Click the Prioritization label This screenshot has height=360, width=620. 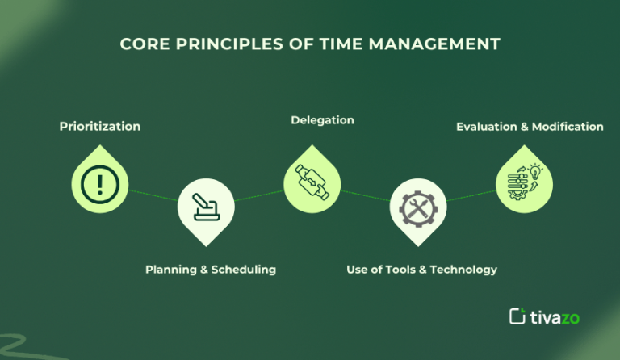coord(100,126)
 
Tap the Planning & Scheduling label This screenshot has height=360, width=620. coord(211,269)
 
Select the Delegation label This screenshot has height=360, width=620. coord(322,120)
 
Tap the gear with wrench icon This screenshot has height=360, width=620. coord(417,209)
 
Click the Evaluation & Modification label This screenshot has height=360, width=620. coord(530,126)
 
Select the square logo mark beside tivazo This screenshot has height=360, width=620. coord(517,316)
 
